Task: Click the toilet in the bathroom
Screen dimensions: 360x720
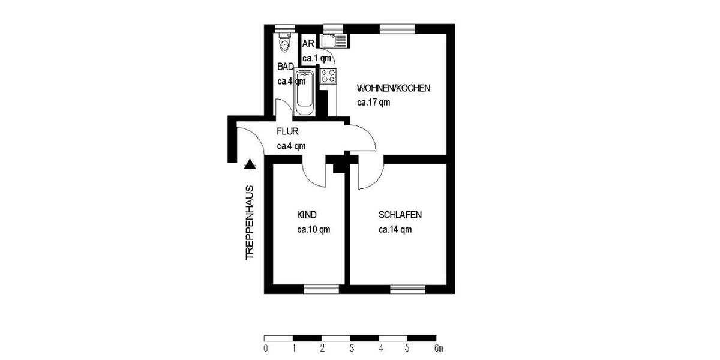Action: tap(284, 44)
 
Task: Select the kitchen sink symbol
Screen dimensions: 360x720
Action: tap(334, 41)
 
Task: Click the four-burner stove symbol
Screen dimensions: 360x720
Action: tap(328, 76)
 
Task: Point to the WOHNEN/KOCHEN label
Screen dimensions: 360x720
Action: tap(393, 88)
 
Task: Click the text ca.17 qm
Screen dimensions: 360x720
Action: tap(373, 102)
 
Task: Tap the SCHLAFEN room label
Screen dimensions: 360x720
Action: tap(400, 215)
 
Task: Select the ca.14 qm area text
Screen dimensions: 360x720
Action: tap(395, 229)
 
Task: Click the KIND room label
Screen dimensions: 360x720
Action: tap(307, 215)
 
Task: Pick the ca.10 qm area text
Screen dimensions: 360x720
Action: tap(313, 229)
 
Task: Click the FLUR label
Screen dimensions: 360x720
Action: tap(287, 131)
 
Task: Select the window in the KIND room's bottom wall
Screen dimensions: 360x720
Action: tap(322, 289)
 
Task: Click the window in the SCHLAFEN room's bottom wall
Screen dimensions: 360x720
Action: tap(408, 289)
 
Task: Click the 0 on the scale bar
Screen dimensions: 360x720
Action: tap(265, 348)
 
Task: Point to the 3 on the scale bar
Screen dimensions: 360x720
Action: tap(352, 348)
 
